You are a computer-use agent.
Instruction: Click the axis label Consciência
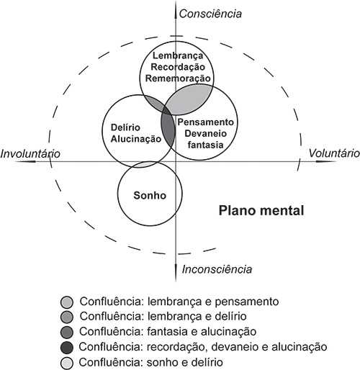pos(210,14)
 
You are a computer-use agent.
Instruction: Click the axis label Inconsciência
pos(217,269)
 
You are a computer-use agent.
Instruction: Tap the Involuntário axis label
pos(30,153)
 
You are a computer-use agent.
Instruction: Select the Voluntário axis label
pos(334,153)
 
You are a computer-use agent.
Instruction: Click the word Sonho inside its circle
pos(150,195)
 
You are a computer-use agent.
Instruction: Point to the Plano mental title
pos(261,210)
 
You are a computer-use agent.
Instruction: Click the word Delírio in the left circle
pos(125,127)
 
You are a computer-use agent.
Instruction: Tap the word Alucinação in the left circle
pos(136,139)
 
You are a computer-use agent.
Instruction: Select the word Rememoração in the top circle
pos(178,78)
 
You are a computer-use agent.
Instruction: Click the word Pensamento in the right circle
pos(205,122)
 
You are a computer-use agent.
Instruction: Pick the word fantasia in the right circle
pos(205,145)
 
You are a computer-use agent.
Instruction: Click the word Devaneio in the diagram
pos(205,133)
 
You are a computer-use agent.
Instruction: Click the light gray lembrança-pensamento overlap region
pos(189,99)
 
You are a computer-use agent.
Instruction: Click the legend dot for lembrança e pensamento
pos(66,302)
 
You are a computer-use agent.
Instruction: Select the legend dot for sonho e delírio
pos(66,363)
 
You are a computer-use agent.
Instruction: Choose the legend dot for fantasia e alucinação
pos(66,333)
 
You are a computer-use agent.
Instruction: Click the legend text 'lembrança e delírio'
pos(197,316)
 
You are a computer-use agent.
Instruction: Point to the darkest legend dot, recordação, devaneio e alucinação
pos(66,348)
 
